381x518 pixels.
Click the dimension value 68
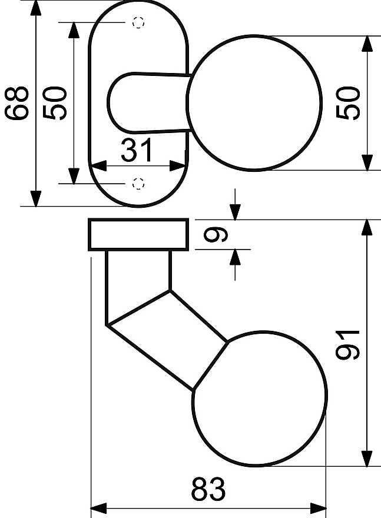[16, 103]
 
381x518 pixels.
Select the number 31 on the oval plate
[137, 150]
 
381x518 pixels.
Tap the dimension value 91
[347, 344]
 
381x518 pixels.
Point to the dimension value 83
[208, 489]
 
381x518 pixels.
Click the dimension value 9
[216, 234]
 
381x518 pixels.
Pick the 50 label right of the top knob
[347, 103]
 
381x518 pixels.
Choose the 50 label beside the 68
[55, 103]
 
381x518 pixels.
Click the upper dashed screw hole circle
[138, 22]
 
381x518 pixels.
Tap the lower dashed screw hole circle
[138, 183]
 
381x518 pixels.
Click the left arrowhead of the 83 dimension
[98, 508]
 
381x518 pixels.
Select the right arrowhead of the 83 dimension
[318, 508]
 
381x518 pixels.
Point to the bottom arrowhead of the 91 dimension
[367, 459]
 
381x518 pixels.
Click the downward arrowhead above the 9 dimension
[235, 212]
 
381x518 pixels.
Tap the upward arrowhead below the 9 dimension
[235, 257]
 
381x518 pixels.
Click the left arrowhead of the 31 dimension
[98, 166]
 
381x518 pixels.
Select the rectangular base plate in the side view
[138, 234]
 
